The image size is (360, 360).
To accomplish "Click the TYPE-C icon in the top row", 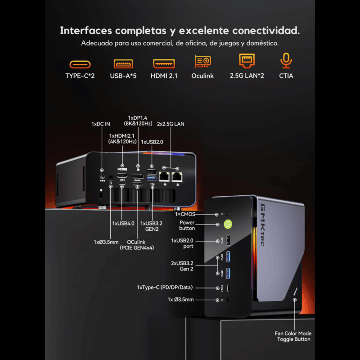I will click(x=80, y=64).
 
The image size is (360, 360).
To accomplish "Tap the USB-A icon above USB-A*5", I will click(x=123, y=63).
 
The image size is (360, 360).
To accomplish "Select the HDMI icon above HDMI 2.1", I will click(x=164, y=63).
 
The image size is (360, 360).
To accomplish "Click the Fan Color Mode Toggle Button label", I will click(x=293, y=336).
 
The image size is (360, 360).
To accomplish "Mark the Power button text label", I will click(x=187, y=225).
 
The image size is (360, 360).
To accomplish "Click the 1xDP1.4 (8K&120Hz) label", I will click(x=138, y=121).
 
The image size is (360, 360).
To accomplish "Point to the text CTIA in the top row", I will click(x=286, y=76).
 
